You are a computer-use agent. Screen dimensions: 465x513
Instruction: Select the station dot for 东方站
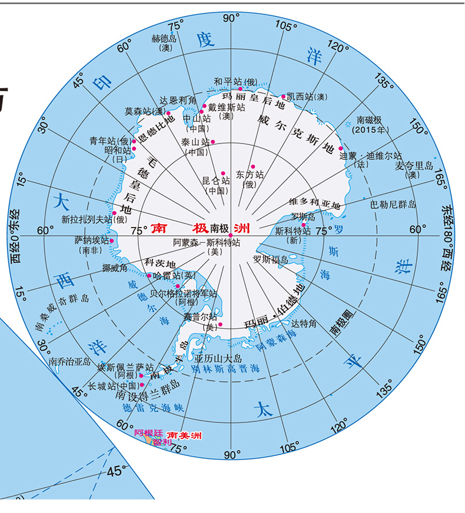(253, 166)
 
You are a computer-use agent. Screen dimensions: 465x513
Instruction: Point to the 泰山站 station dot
(213, 141)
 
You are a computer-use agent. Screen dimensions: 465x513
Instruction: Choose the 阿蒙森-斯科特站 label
(207, 242)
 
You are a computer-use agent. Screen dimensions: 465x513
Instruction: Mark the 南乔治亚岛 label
(69, 361)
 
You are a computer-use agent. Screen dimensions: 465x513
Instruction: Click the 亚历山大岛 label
(219, 358)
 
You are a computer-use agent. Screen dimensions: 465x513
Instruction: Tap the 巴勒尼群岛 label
(393, 205)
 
